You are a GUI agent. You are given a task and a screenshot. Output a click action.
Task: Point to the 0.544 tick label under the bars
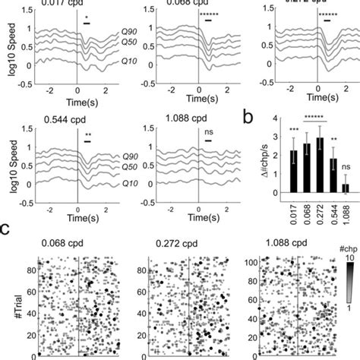coord(332,209)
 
